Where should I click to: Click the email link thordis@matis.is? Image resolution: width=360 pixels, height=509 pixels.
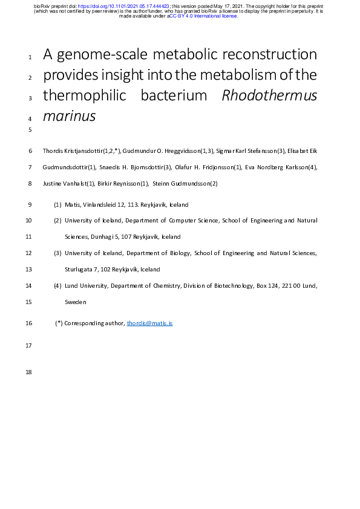[149, 323]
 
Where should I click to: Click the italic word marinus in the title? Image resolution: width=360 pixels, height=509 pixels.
[69, 115]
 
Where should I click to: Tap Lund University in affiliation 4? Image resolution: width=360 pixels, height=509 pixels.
[86, 285]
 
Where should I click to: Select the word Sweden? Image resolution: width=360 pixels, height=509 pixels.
[76, 302]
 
